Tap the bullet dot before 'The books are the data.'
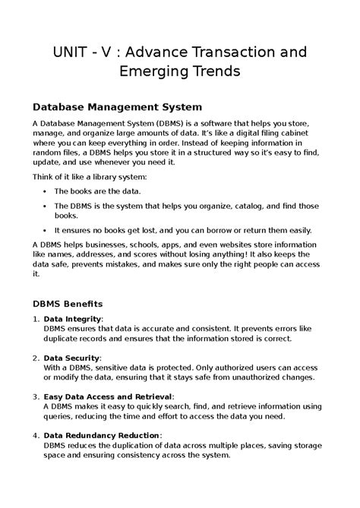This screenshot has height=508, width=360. pos(47,193)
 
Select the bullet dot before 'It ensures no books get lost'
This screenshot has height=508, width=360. pos(47,230)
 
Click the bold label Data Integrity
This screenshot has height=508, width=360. pos(72,320)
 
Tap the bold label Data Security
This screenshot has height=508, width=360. pos(72,357)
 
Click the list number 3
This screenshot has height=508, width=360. pos(36,396)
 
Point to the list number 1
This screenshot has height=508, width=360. pos(36,320)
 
